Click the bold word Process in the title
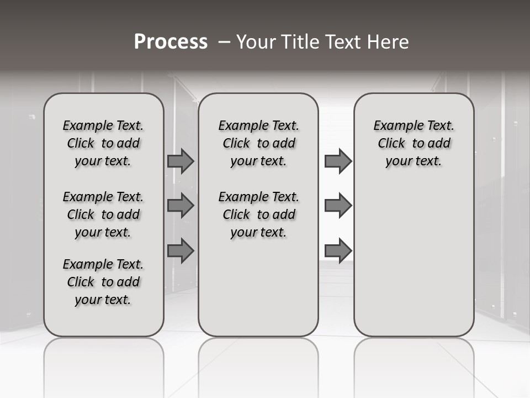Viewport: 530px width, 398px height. click(171, 41)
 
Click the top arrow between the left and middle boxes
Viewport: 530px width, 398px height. click(181, 161)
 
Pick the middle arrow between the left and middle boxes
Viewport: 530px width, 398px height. click(181, 206)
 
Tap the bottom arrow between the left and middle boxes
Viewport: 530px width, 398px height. click(181, 250)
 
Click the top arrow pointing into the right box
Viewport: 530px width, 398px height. click(338, 161)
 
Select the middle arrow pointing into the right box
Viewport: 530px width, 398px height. click(338, 206)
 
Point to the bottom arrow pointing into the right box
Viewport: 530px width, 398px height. click(338, 250)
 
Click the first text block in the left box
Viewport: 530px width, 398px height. click(103, 143)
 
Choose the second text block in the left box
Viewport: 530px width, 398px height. click(103, 214)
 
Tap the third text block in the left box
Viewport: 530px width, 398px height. click(103, 282)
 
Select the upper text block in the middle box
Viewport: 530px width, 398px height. click(258, 143)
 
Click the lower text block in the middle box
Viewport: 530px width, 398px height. click(258, 214)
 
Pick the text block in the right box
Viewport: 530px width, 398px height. click(414, 143)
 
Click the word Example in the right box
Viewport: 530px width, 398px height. click(394, 126)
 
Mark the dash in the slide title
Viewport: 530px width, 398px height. click(224, 41)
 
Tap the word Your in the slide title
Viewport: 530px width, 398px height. click(257, 41)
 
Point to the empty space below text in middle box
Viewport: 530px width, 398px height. click(258, 287)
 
